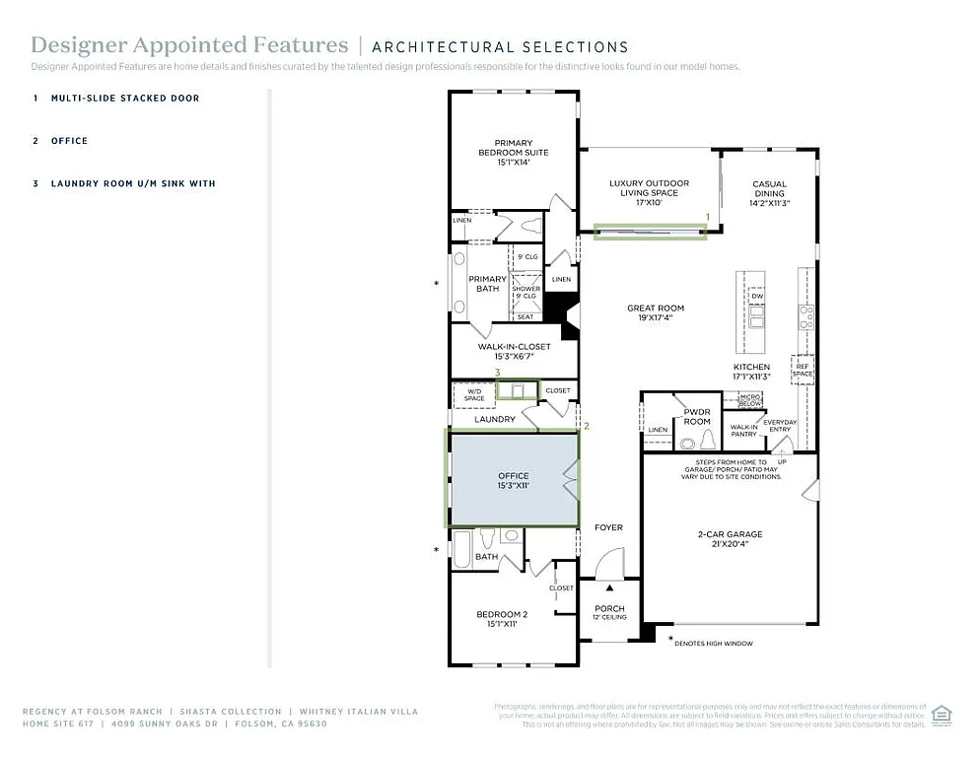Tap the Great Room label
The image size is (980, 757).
pyautogui.click(x=655, y=313)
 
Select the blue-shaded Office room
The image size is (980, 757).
pyautogui.click(x=513, y=480)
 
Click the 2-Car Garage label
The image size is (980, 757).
pyautogui.click(x=730, y=539)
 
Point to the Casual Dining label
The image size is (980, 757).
pyautogui.click(x=769, y=189)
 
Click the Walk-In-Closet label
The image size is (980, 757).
pyautogui.click(x=514, y=351)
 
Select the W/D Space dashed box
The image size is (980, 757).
pyautogui.click(x=474, y=394)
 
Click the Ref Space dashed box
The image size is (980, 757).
pyautogui.click(x=803, y=370)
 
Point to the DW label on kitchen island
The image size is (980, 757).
pyautogui.click(x=757, y=296)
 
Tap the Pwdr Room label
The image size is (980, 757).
pyautogui.click(x=697, y=416)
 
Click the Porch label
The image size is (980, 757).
pyautogui.click(x=609, y=612)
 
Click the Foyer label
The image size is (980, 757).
pyautogui.click(x=608, y=527)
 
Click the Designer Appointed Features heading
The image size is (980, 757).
pyautogui.click(x=189, y=45)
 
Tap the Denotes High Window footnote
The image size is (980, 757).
pyautogui.click(x=715, y=644)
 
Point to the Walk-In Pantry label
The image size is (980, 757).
pyautogui.click(x=743, y=430)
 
